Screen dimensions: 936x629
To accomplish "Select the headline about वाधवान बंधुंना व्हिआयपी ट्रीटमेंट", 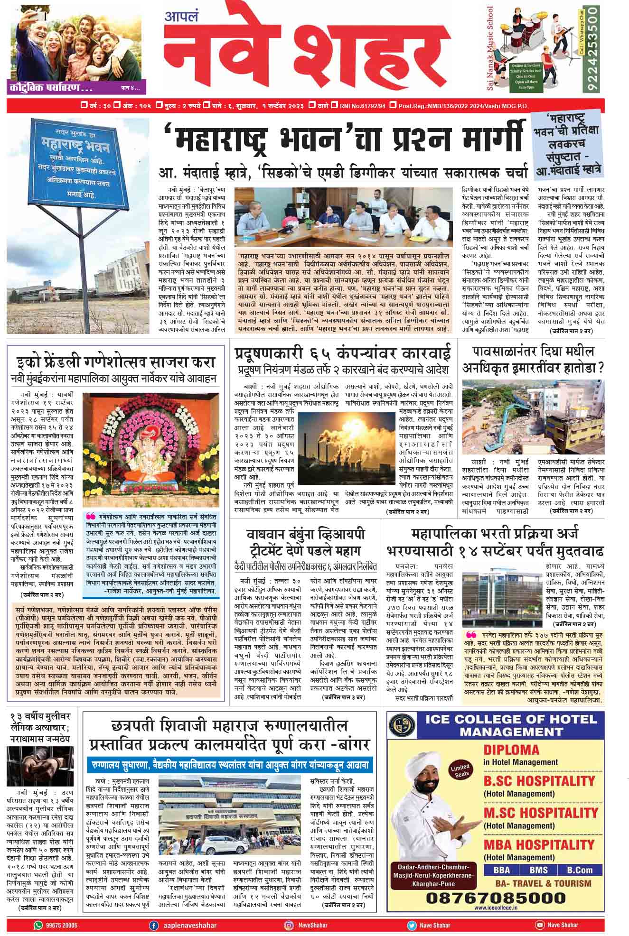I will [306, 542].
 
